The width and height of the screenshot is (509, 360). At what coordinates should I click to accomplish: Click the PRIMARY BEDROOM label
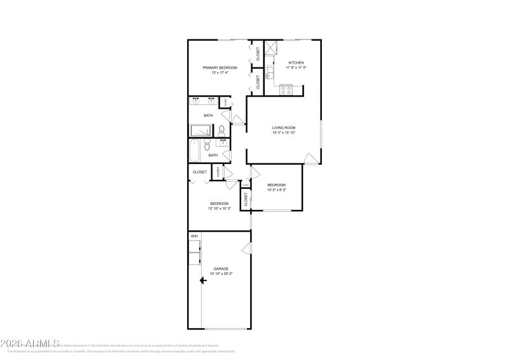[x=220, y=67]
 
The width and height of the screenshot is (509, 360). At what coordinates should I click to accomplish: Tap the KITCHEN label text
[x=296, y=62]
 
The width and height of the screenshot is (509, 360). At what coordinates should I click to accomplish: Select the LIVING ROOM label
[x=284, y=128]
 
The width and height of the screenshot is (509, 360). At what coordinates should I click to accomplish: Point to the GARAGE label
[x=221, y=268]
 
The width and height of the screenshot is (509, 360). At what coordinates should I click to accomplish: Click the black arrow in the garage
[x=204, y=280]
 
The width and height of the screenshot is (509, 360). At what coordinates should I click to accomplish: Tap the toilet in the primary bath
[x=221, y=130]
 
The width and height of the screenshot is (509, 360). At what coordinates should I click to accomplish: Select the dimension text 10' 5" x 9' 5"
[x=276, y=190]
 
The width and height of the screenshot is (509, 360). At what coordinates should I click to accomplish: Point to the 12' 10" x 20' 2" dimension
[x=221, y=273]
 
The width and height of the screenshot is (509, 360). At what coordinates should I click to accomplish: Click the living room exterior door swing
[x=310, y=158]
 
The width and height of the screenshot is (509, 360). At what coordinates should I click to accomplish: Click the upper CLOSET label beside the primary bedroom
[x=258, y=53]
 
